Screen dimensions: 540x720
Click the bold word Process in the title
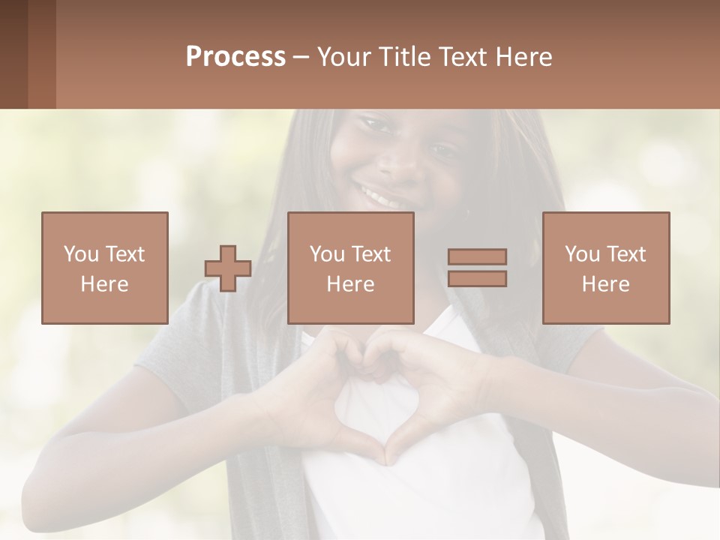[x=235, y=57]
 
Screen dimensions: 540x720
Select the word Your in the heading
[x=343, y=57]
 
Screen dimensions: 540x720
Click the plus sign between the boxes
[x=228, y=268]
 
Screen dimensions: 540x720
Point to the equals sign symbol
[x=477, y=268]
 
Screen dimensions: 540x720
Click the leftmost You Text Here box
[x=105, y=268]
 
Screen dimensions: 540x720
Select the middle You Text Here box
[x=351, y=268]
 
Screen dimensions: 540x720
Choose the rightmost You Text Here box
[x=606, y=268]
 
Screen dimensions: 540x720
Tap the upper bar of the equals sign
[x=477, y=257]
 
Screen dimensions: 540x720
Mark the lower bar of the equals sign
[x=477, y=278]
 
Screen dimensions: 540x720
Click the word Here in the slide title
[x=521, y=57]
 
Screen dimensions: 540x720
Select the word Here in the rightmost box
[x=606, y=284]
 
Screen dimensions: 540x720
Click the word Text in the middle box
[x=370, y=254]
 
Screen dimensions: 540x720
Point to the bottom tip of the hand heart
[x=387, y=459]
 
